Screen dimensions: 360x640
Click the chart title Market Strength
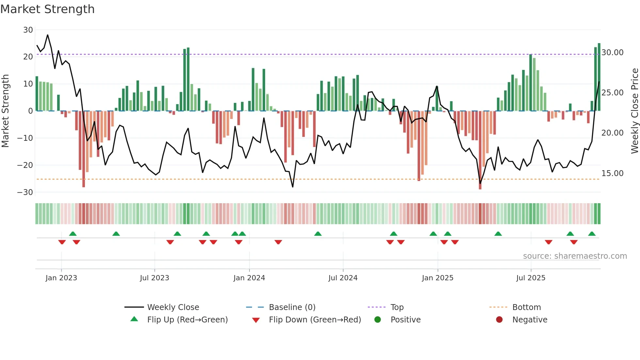[x=47, y=9]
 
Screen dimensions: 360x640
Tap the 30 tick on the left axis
[x=28, y=30]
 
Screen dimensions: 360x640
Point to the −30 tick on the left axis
[x=25, y=192]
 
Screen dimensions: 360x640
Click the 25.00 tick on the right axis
[x=612, y=93]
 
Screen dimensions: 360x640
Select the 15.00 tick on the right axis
[x=612, y=173]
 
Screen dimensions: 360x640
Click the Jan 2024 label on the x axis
[x=249, y=278]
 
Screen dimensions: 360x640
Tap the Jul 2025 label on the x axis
[x=531, y=278]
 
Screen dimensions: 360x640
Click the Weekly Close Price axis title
[x=634, y=111]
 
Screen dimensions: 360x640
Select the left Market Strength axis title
[x=6, y=111]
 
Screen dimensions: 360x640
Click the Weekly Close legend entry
[x=173, y=307]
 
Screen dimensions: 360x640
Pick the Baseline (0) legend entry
[x=292, y=307]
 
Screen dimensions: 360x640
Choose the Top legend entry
[x=397, y=307]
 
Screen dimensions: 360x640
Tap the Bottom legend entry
[x=526, y=307]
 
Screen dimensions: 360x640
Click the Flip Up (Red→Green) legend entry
[x=187, y=320]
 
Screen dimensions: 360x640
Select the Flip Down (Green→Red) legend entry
[x=315, y=320]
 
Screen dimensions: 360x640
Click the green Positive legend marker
[x=377, y=320]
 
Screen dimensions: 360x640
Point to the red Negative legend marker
[x=499, y=320]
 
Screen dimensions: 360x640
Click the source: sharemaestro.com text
[x=575, y=256]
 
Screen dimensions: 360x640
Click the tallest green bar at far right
[x=599, y=77]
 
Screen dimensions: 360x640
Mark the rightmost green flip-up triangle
[x=592, y=234]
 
